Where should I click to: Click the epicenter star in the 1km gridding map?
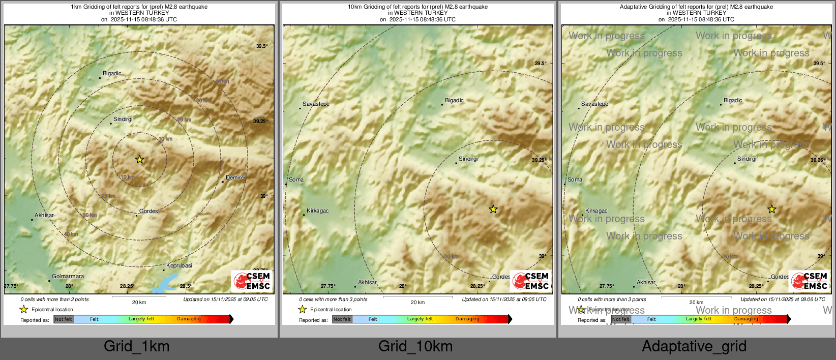140,159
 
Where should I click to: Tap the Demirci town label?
235,177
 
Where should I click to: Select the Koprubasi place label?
179,265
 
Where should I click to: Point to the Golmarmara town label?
68,277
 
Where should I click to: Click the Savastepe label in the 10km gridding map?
316,104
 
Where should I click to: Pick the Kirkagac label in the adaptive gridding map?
596,211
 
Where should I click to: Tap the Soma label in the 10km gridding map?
296,179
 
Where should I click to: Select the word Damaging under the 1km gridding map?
189,319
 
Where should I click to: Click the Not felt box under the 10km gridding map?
342,319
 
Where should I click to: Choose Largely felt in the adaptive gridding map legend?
698,319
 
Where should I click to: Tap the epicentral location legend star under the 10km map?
303,309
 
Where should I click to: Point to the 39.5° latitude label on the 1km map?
261,46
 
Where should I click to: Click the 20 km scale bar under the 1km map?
139,297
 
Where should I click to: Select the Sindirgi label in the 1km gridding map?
123,119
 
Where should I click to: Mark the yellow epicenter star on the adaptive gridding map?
771,209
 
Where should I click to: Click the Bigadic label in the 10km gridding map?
454,100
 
